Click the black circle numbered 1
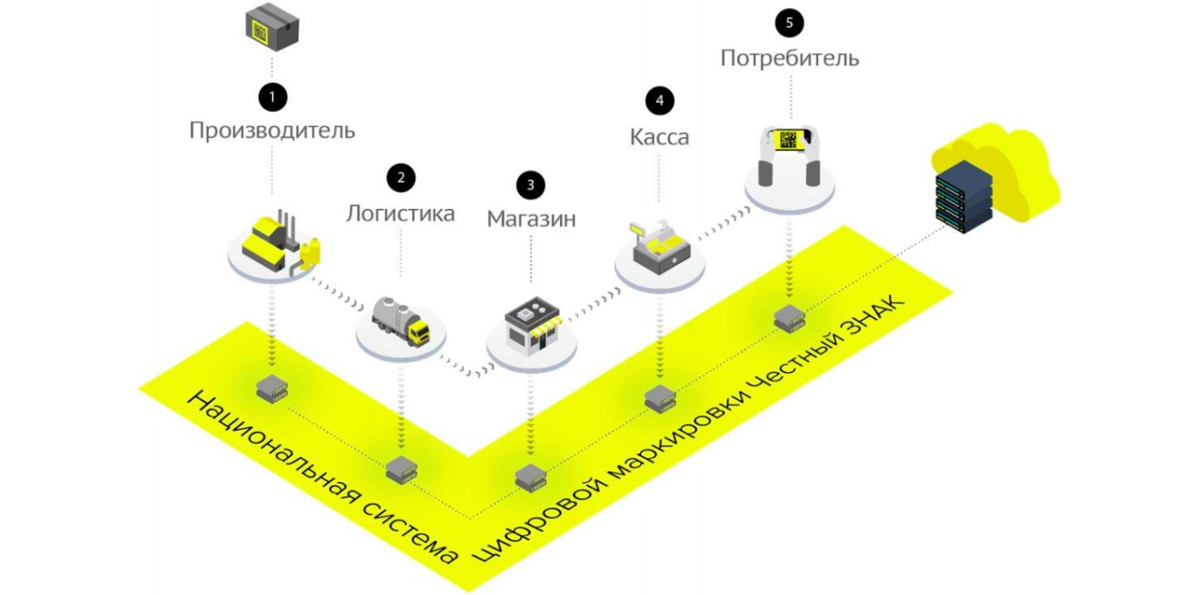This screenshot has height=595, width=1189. coord(272,95)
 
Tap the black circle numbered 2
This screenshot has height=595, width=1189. coord(401,177)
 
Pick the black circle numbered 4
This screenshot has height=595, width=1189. coord(659,101)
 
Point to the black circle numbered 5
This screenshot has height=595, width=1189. coord(788,23)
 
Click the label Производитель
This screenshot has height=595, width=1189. coord(272,131)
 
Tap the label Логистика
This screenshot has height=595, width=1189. coord(401,213)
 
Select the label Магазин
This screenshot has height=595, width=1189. coord(531,219)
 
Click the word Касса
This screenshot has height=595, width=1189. coord(659,138)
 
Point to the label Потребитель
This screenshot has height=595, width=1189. coord(789,59)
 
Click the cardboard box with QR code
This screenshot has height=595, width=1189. coord(272,28)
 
